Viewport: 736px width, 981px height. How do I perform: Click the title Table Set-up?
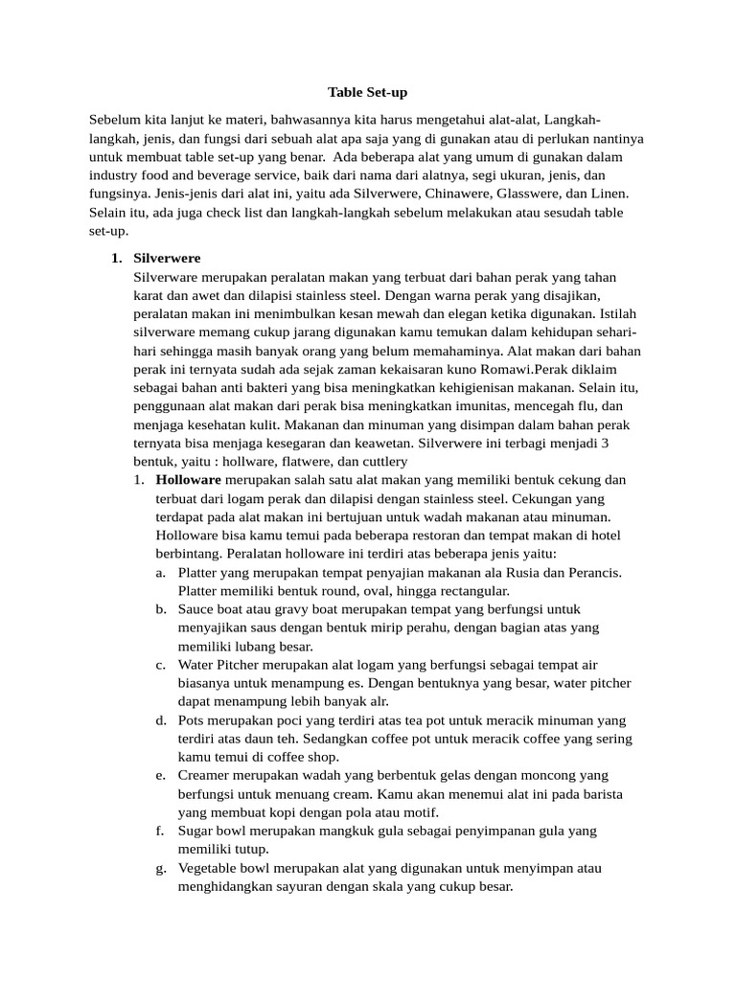click(x=367, y=92)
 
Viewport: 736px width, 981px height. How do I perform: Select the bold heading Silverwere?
click(x=167, y=259)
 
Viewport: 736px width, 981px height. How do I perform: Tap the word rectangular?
click(x=432, y=590)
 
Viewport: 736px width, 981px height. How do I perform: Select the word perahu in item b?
click(x=399, y=627)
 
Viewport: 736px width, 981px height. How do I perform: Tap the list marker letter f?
click(x=159, y=831)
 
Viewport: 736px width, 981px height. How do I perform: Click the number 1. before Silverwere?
click(x=117, y=259)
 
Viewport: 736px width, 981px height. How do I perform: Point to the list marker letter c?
click(x=160, y=664)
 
